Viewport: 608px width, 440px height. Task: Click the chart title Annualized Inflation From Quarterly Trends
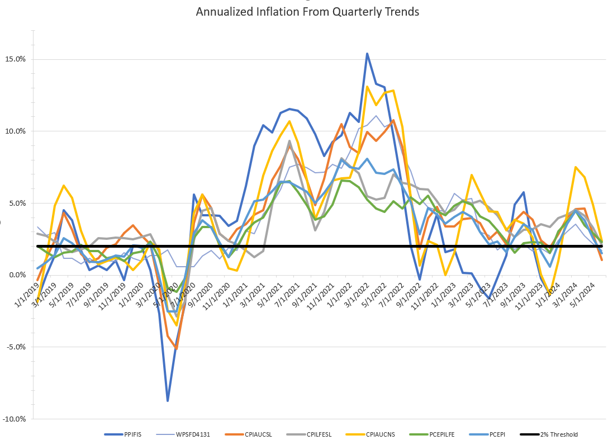pos(307,11)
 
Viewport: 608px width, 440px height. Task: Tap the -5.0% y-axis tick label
pos(15,347)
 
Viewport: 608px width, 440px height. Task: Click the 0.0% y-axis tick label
pos(16,275)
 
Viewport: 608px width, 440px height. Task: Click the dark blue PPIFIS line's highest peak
pos(367,54)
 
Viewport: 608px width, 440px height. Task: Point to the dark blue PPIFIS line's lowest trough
pos(168,401)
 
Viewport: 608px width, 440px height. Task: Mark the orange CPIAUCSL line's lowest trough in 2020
pos(176,348)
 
